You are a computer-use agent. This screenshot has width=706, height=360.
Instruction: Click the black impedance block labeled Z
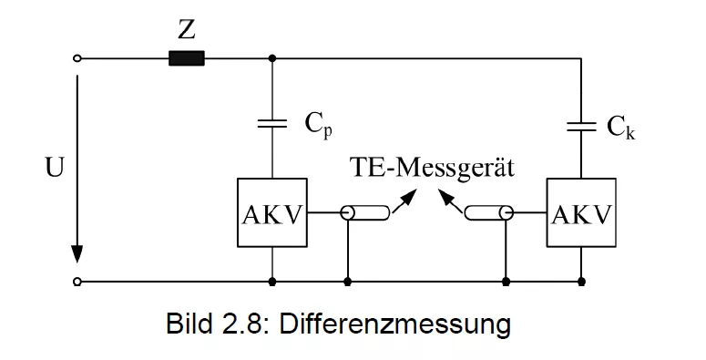pos(187,58)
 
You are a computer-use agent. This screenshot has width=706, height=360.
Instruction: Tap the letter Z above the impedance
pos(187,30)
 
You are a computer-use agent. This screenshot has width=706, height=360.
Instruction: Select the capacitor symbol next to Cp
pos(272,123)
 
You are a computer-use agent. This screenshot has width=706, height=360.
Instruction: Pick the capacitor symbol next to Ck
pos(581,127)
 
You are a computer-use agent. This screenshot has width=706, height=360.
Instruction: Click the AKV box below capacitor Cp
pos(272,212)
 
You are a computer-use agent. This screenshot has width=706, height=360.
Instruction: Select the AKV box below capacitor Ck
pos(581,212)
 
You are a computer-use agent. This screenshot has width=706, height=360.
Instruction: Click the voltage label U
pos(55,168)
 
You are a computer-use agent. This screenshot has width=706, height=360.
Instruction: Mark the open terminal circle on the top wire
pos(77,58)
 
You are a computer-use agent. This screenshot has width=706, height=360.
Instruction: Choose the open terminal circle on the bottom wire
pos(77,282)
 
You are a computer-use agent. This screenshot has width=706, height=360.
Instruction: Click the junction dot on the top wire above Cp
pos(272,58)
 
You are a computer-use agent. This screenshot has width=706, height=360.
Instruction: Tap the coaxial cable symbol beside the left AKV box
pos(365,212)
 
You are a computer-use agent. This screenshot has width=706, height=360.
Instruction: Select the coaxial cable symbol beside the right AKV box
pos(489,212)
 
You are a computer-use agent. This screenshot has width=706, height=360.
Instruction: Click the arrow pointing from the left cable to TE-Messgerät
pos(404,201)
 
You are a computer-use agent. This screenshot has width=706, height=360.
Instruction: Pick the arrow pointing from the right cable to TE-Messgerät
pos(450,201)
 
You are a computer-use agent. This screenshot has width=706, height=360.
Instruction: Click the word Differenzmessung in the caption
pos(394,324)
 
